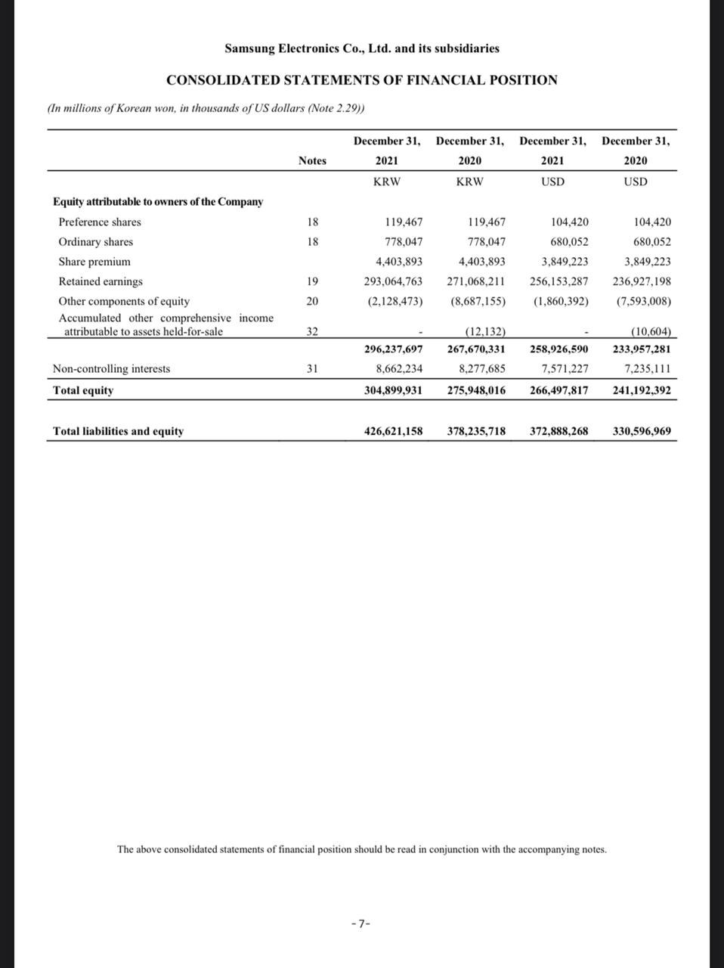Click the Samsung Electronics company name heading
tap(361, 48)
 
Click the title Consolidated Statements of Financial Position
tap(361, 80)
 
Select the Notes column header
tap(312, 160)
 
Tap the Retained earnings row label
tap(101, 281)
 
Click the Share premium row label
tap(94, 262)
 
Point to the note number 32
tap(312, 331)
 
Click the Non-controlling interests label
tap(111, 369)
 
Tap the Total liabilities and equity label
tap(118, 431)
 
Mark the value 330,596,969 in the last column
tap(641, 431)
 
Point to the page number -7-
tap(361, 923)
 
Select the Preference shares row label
tap(100, 222)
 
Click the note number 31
tap(312, 369)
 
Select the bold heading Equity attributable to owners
tap(158, 202)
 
